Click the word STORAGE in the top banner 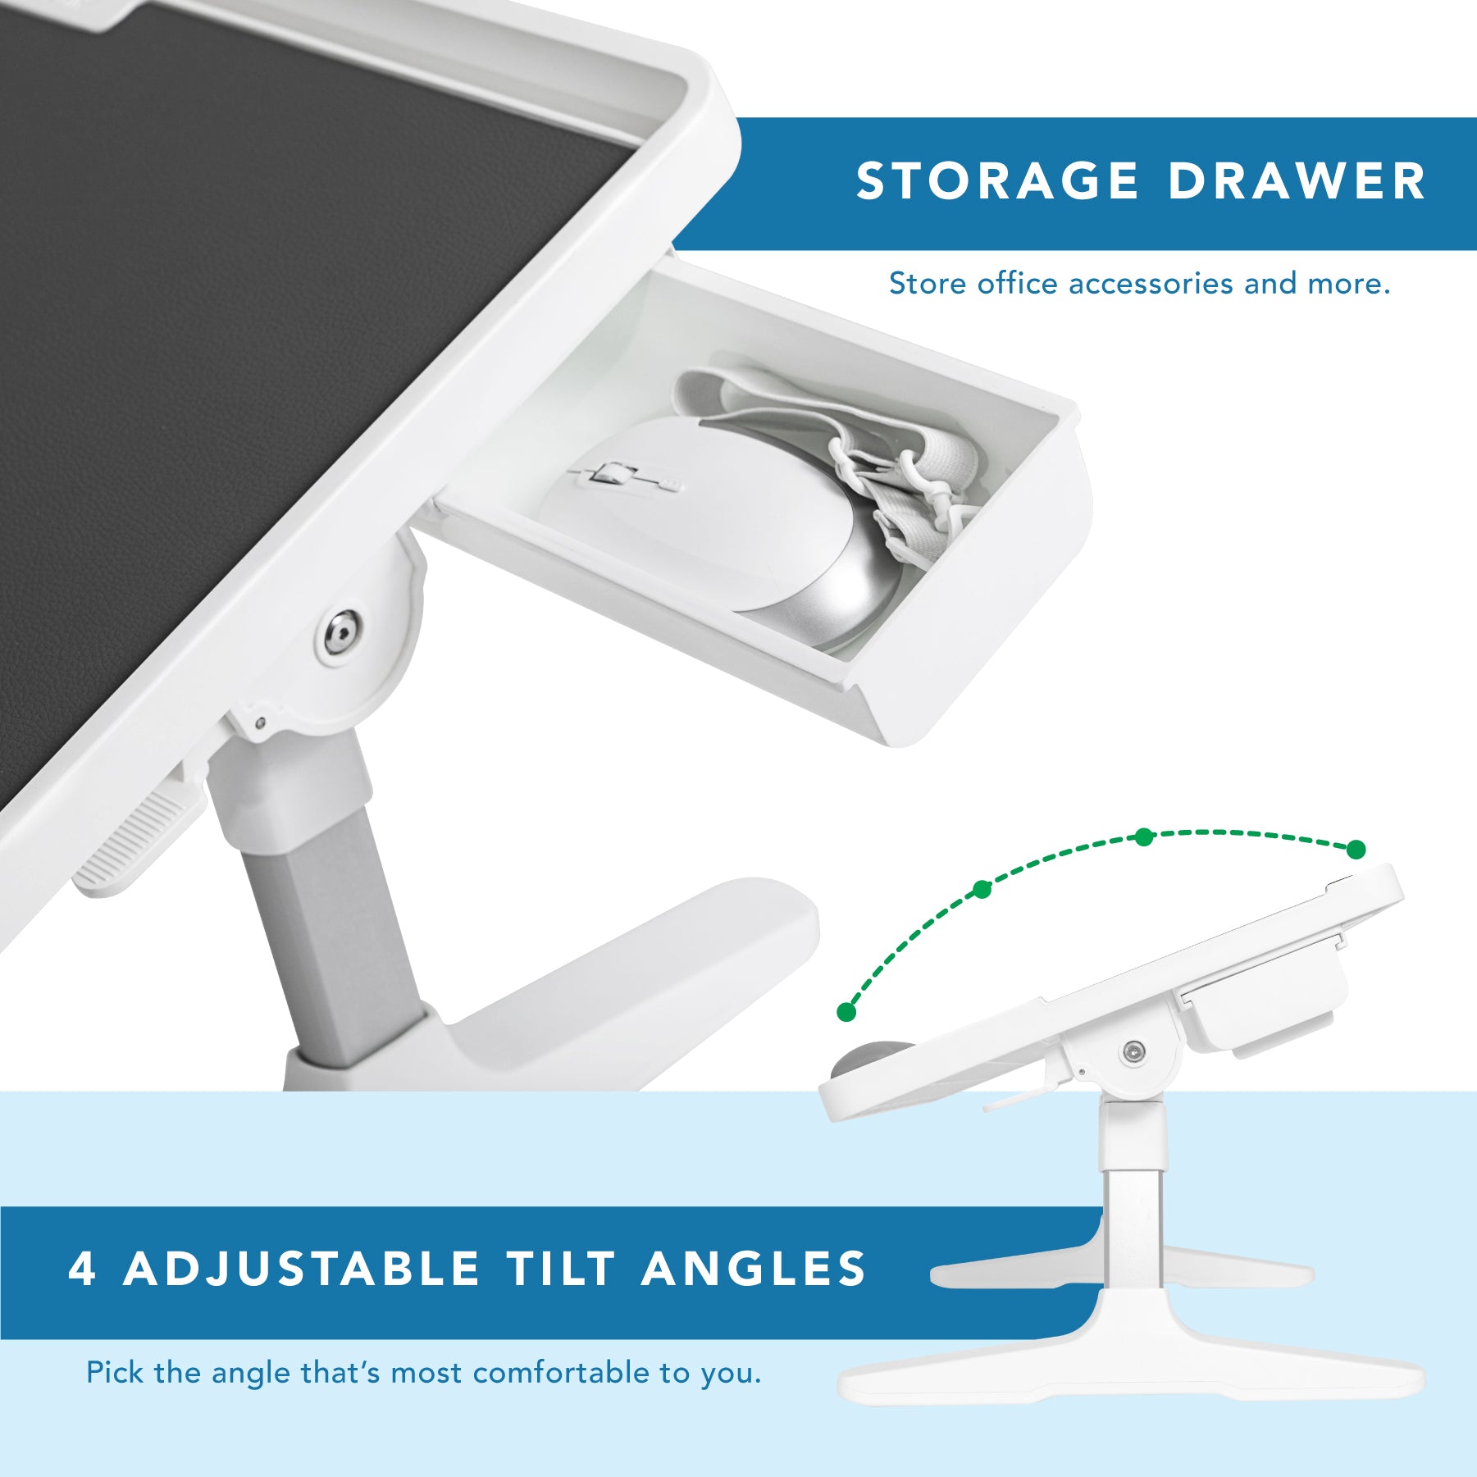tap(997, 180)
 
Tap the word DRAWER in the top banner tap(1297, 180)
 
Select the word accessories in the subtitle tap(1151, 284)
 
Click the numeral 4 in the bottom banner tap(82, 1268)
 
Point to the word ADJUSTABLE tap(301, 1269)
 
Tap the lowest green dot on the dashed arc tap(846, 1012)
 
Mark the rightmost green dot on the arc tap(1356, 850)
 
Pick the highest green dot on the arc tap(1144, 837)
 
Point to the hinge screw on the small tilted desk tap(1134, 1051)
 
